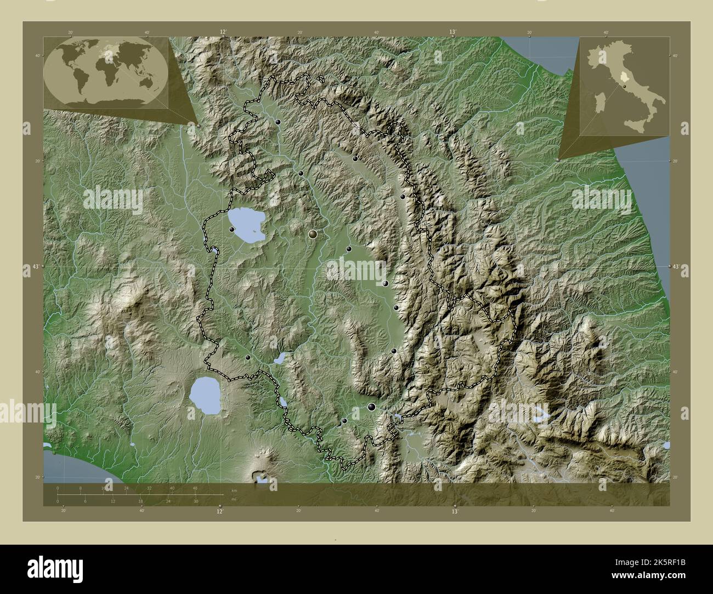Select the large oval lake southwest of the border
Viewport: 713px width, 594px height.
(205, 395)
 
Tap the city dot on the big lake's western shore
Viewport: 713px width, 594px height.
(233, 229)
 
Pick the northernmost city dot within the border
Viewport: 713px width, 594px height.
(278, 122)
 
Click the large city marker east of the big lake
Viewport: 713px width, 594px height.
(313, 235)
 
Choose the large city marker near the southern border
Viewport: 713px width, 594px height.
(372, 407)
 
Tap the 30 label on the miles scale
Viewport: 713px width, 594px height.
(195, 501)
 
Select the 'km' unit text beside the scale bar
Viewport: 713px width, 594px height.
(234, 490)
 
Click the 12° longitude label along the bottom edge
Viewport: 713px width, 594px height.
(219, 511)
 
